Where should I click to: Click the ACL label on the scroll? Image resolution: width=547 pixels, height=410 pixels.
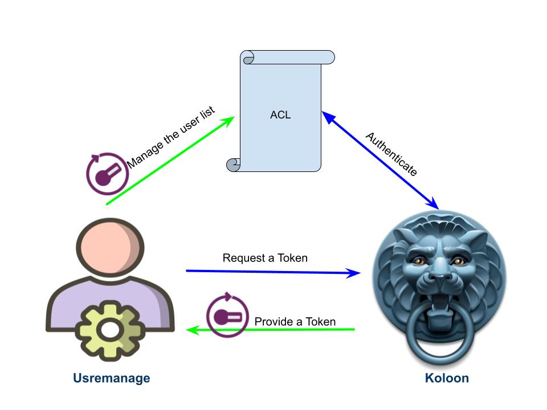(280, 115)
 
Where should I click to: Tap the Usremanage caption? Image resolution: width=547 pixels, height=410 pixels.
(111, 378)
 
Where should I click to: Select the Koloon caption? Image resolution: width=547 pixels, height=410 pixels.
(447, 378)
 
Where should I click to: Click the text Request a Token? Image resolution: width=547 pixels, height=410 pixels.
(265, 258)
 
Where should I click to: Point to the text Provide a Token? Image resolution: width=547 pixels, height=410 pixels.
(295, 322)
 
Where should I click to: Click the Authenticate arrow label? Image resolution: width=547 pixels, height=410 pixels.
(391, 154)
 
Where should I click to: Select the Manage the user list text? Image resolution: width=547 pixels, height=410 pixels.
(170, 137)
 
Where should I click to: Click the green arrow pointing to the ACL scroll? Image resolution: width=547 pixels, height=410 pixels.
(171, 161)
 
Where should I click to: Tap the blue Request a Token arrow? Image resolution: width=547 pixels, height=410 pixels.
(273, 272)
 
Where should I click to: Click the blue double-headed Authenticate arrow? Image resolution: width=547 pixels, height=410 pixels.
(380, 160)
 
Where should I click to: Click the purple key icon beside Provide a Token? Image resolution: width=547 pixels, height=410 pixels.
(227, 315)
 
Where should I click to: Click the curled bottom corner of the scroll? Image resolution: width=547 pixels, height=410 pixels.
(234, 165)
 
